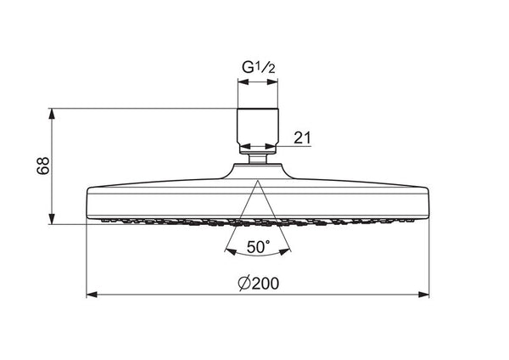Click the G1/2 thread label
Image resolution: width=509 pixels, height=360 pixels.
pos(259,68)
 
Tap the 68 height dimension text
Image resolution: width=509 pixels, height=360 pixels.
pos(43,166)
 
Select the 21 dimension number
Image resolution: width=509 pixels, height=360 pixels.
pos(302,138)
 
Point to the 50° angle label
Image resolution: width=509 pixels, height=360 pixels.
pos(259,247)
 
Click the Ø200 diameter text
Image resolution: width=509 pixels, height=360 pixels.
pos(258,284)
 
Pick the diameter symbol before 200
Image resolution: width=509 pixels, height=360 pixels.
pos(244,284)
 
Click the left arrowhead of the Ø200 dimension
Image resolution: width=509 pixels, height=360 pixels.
pos(92,295)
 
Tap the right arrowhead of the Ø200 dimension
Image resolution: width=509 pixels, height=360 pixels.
pos(423,295)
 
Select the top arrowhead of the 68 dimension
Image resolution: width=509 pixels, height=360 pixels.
pos(52,114)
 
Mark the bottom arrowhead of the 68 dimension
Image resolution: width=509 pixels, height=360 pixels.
pos(52,219)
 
